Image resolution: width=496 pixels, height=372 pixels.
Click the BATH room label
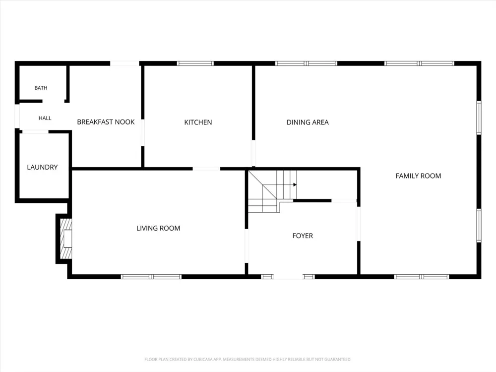(41, 88)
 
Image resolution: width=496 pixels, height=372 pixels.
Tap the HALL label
(45, 119)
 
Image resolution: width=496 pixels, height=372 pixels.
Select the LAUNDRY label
(42, 167)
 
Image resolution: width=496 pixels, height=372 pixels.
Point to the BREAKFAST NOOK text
(106, 122)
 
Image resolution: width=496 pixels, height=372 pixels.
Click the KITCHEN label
(198, 123)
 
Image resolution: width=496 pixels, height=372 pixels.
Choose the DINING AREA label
(308, 123)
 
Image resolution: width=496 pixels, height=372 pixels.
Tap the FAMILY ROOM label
(419, 176)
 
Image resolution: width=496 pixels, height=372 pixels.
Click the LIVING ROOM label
(159, 228)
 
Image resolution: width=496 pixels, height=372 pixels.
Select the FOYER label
(303, 236)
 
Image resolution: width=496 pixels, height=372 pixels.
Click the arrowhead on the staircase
(295, 185)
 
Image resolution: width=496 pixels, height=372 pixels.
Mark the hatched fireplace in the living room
(66, 239)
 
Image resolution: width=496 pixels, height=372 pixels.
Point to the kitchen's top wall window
(195, 63)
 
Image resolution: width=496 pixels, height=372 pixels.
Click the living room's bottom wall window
(151, 277)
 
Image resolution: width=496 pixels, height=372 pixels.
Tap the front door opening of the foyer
(288, 277)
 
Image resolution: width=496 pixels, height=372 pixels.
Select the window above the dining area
(306, 63)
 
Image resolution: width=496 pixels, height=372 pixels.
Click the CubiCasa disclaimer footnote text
(248, 359)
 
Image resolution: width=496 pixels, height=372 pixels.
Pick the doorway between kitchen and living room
(206, 169)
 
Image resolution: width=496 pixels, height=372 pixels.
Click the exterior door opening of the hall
(17, 117)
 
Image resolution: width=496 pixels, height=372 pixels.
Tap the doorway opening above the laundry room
(35, 131)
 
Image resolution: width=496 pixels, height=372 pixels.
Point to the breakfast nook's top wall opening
(124, 63)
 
